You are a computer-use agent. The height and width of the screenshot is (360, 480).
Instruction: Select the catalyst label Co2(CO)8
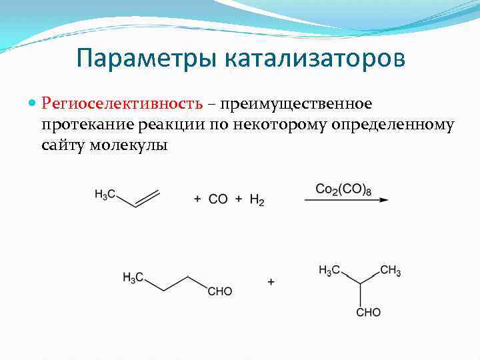coord(344,189)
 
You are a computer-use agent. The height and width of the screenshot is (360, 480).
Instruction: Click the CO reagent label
coord(218,199)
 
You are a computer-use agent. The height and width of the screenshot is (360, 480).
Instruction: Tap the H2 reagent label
coord(257,199)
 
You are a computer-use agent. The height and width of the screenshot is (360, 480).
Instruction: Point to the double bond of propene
coord(148,198)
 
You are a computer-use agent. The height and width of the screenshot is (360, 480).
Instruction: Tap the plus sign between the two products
coord(271,282)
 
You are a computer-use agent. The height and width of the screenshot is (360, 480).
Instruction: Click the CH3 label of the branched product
coord(391,271)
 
